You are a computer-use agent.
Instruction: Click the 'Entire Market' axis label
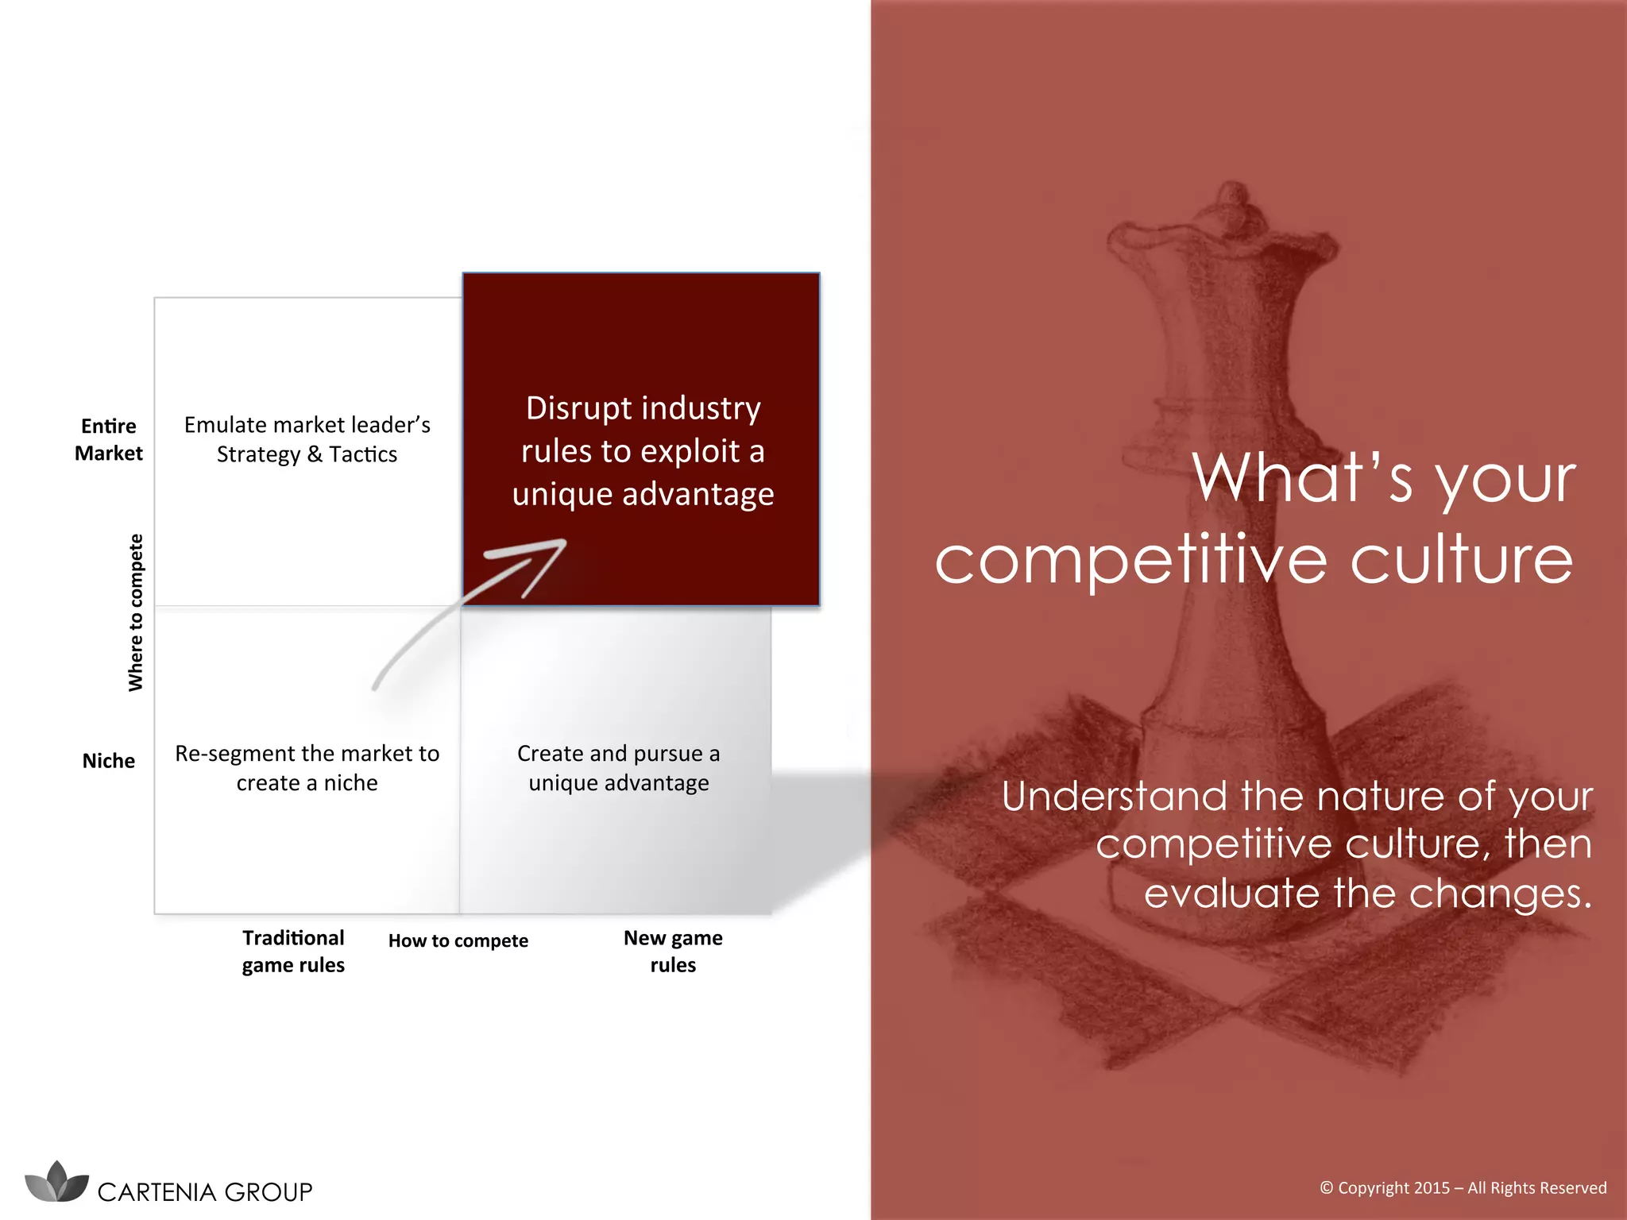point(109,439)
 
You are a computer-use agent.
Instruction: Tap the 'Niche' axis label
point(109,761)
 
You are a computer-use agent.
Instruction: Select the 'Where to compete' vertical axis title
point(136,612)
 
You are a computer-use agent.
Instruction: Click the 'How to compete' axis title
point(458,940)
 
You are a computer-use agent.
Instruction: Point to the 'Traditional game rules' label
point(293,952)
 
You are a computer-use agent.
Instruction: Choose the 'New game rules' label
point(673,952)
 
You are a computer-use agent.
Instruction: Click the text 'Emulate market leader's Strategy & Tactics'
point(307,439)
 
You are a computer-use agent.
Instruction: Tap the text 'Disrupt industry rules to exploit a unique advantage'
point(643,450)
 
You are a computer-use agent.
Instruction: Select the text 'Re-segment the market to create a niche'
point(307,768)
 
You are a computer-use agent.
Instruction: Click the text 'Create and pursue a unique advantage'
point(619,768)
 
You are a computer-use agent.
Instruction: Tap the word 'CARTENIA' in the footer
point(157,1192)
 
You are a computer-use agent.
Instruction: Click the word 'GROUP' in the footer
point(269,1192)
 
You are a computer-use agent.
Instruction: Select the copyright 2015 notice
point(1463,1188)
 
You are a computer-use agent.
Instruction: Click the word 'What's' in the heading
point(1303,478)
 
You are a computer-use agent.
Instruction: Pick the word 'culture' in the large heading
point(1462,560)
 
